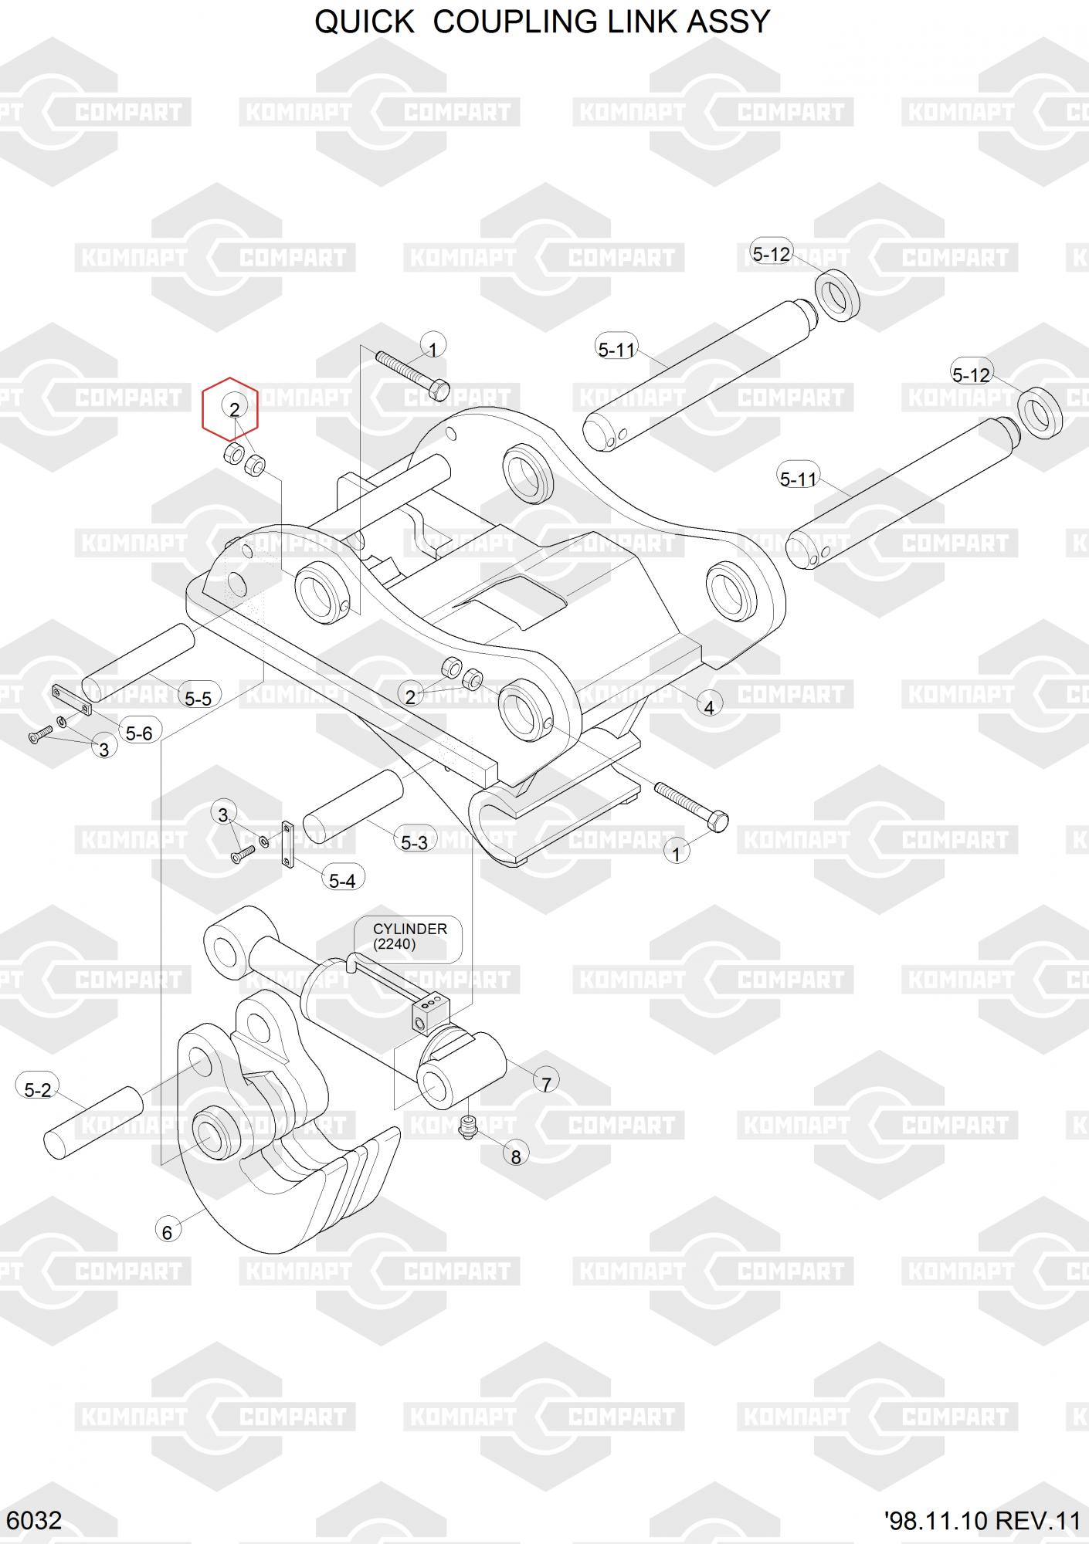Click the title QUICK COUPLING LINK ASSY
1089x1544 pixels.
pos(542,22)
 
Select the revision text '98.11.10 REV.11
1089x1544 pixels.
pos(982,1521)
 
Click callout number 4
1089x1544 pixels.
pos(709,705)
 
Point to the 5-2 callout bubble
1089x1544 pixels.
pos(37,1090)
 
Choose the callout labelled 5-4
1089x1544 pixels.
pos(342,880)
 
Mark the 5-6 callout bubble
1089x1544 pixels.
pos(139,733)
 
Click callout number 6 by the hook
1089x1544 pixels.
pos(167,1232)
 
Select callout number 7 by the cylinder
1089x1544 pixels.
pos(546,1084)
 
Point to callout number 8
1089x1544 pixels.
pos(516,1156)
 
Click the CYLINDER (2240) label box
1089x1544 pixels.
pos(409,936)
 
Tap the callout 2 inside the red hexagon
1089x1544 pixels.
pos(234,409)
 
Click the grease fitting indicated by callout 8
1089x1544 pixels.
pos(466,1126)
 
